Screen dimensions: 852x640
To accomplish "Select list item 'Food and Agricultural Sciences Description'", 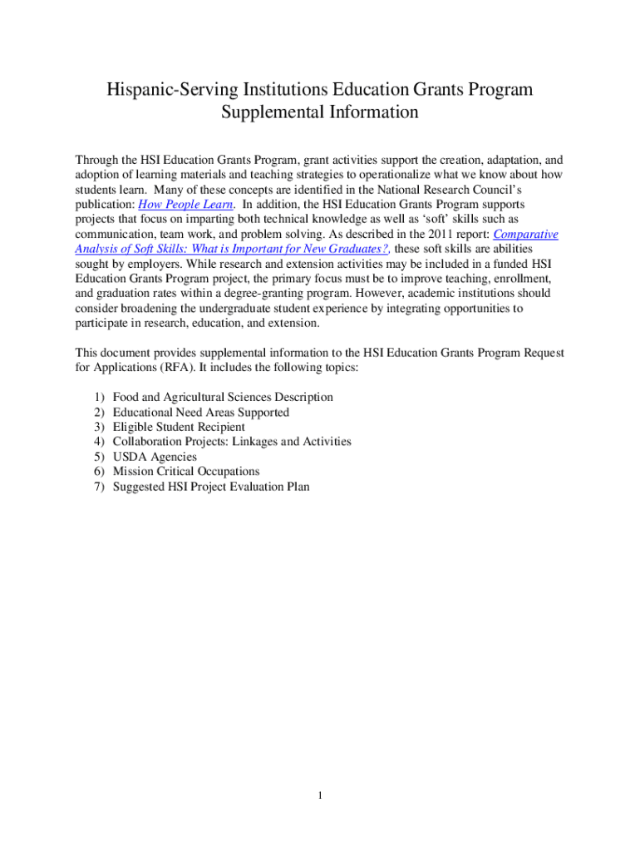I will point(223,397).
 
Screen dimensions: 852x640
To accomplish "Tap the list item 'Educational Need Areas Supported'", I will point(201,412).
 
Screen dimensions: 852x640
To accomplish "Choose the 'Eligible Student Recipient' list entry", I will point(179,427).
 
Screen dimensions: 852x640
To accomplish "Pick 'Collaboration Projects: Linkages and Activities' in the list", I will point(232,442).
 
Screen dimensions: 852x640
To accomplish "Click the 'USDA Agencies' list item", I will point(155,457).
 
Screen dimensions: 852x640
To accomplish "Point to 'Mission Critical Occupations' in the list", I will point(186,472).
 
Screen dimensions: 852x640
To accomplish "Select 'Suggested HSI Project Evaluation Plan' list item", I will point(211,487).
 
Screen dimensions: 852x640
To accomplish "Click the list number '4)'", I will point(98,442).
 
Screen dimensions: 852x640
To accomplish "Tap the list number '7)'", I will point(98,487).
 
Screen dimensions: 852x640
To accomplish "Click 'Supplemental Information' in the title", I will point(319,111).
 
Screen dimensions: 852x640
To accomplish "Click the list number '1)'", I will point(98,397).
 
